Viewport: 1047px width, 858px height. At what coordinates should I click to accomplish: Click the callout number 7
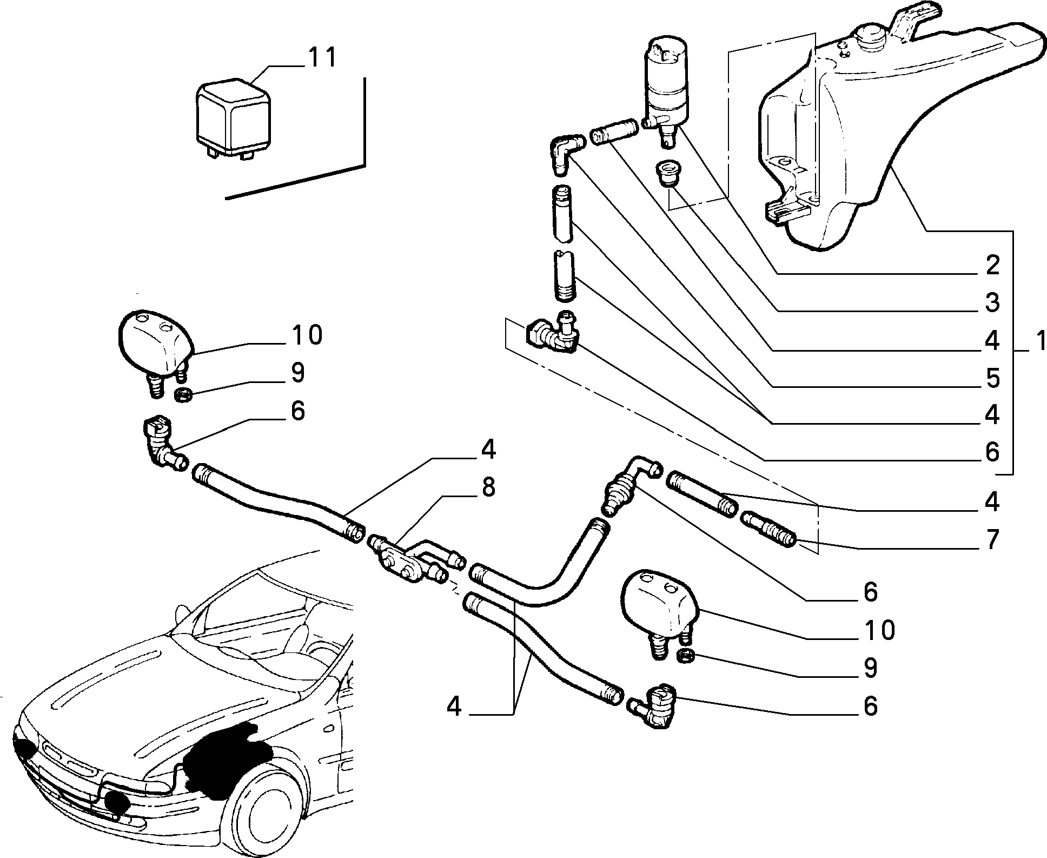tap(991, 539)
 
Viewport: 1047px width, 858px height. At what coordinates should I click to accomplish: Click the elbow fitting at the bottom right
tap(655, 703)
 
